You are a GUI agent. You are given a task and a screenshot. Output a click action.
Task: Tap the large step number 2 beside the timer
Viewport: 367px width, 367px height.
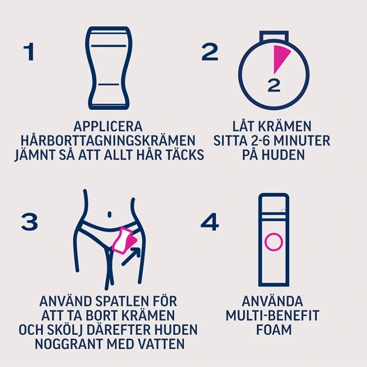click(210, 51)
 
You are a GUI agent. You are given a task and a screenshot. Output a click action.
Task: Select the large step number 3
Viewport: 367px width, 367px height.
click(30, 221)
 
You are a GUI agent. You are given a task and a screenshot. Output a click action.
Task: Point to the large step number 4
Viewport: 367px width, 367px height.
click(209, 221)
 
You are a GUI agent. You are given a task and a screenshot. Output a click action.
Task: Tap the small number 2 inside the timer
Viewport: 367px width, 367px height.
click(274, 86)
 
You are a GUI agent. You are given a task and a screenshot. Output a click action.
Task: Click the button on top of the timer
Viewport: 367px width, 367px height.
click(274, 36)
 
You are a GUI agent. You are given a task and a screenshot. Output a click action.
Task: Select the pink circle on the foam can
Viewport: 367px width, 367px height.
click(274, 242)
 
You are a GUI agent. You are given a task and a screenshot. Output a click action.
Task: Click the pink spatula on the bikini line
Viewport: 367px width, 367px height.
click(123, 241)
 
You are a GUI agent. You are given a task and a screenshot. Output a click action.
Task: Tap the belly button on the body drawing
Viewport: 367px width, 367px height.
click(109, 215)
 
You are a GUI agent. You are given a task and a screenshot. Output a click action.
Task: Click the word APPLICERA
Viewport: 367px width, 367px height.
click(108, 126)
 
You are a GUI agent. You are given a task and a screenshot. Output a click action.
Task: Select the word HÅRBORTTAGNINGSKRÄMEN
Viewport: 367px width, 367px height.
click(108, 141)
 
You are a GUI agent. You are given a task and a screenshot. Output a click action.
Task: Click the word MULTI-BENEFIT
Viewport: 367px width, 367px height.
click(272, 316)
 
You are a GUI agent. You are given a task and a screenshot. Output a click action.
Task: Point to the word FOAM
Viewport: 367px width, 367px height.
click(274, 330)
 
